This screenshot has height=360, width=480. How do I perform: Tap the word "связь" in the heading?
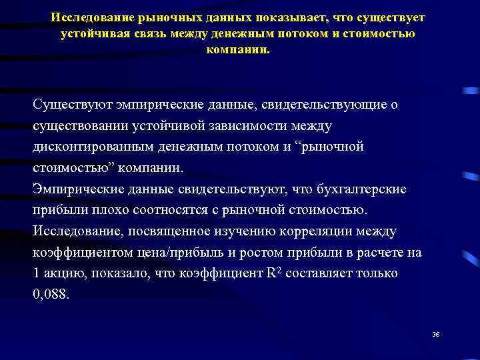[x=141, y=33]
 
